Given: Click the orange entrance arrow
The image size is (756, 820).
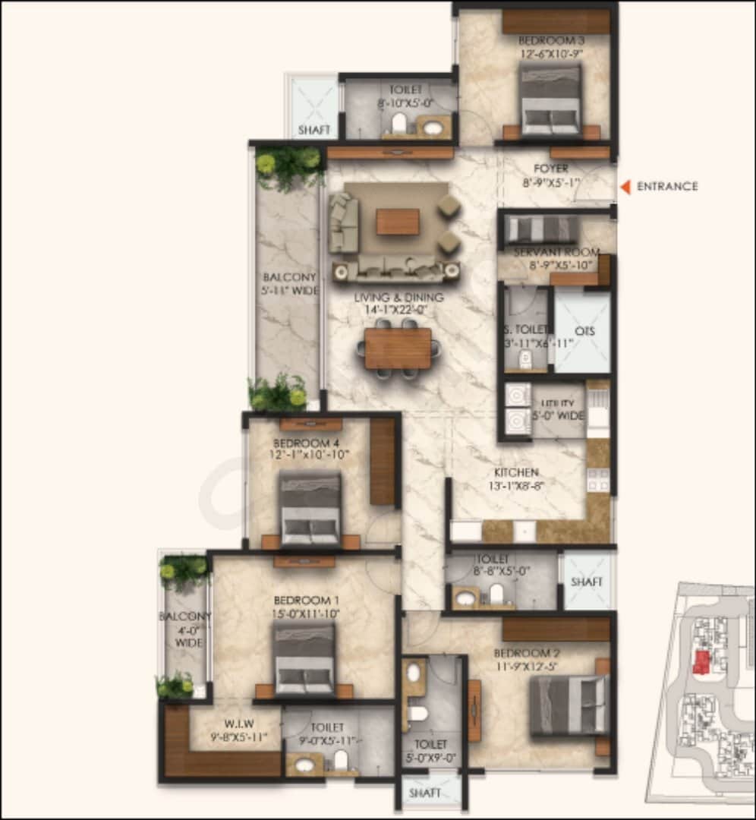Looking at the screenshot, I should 625,187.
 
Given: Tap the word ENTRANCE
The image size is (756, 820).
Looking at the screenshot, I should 667,187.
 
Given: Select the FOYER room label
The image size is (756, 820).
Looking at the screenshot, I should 551,169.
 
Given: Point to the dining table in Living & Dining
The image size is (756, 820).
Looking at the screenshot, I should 398,348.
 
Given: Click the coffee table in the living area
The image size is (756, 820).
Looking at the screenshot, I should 398,222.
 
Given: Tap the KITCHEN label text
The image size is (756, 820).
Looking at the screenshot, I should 518,472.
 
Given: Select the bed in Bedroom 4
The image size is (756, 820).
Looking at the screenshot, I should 310,507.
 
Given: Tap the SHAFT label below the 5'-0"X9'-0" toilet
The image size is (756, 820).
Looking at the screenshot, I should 425,793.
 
